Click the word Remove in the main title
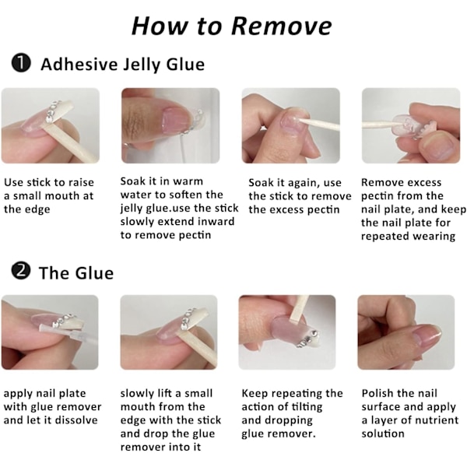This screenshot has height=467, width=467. coord(282,26)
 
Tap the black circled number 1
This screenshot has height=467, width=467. coord(21,63)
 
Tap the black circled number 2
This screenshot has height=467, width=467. coord(21,272)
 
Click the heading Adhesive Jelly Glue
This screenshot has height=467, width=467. coord(123,65)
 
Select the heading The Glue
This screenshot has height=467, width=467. coord(76,273)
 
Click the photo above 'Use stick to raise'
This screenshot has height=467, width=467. coord(51,125)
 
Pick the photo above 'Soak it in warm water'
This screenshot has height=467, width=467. coord(170,125)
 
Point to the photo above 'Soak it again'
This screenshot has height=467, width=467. coord(290,125)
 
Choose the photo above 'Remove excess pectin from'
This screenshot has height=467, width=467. coord(411,125)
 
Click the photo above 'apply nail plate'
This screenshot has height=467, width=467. coord(50,332)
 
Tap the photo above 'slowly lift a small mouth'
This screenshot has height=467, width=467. coord(169,332)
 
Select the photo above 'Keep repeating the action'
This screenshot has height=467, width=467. coord(287,332)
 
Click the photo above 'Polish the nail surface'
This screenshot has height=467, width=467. coord(406,332)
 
